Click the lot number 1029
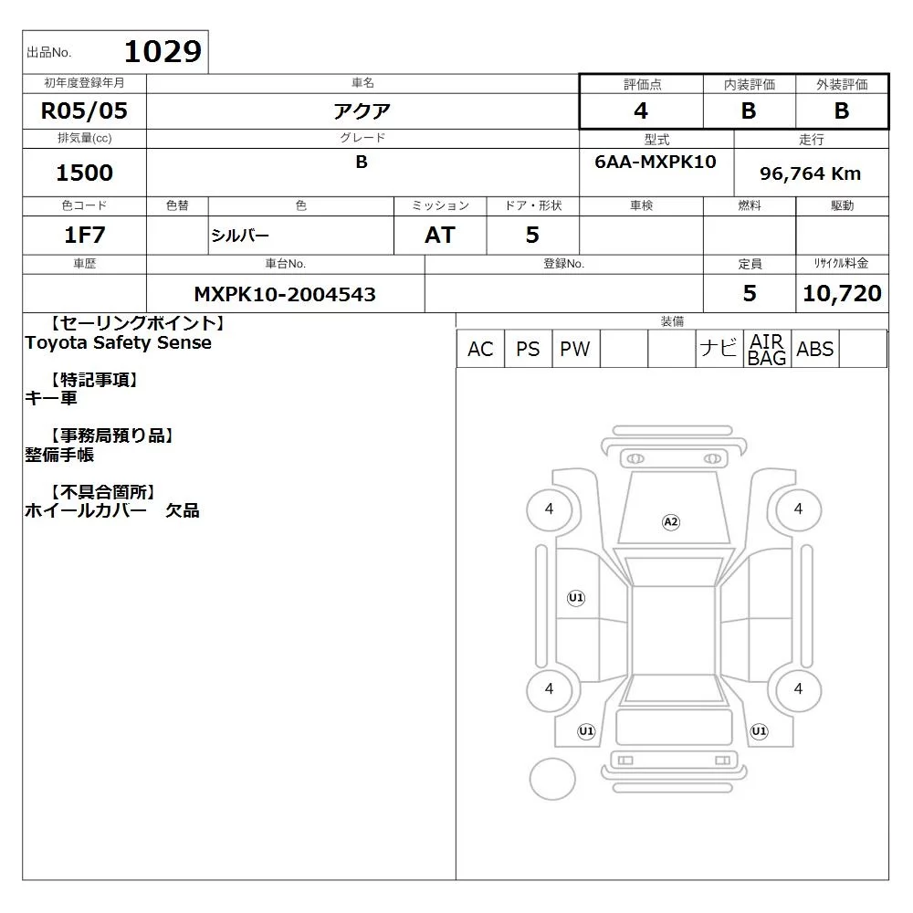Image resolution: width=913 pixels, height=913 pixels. click(x=163, y=52)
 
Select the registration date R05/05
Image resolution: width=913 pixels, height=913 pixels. click(x=84, y=110)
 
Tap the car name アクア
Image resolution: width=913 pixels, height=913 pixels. click(x=362, y=110)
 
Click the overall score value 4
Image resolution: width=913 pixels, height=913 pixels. click(x=641, y=110)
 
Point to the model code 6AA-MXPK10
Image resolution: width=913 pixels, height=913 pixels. click(x=656, y=162)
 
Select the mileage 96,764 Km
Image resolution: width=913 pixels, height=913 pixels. click(x=810, y=173)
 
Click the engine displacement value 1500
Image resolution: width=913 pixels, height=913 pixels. click(x=84, y=173)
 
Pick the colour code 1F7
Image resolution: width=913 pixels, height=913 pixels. click(x=84, y=235)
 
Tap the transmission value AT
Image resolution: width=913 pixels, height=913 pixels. click(x=440, y=235)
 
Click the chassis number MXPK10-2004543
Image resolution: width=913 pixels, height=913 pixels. click(x=285, y=294)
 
